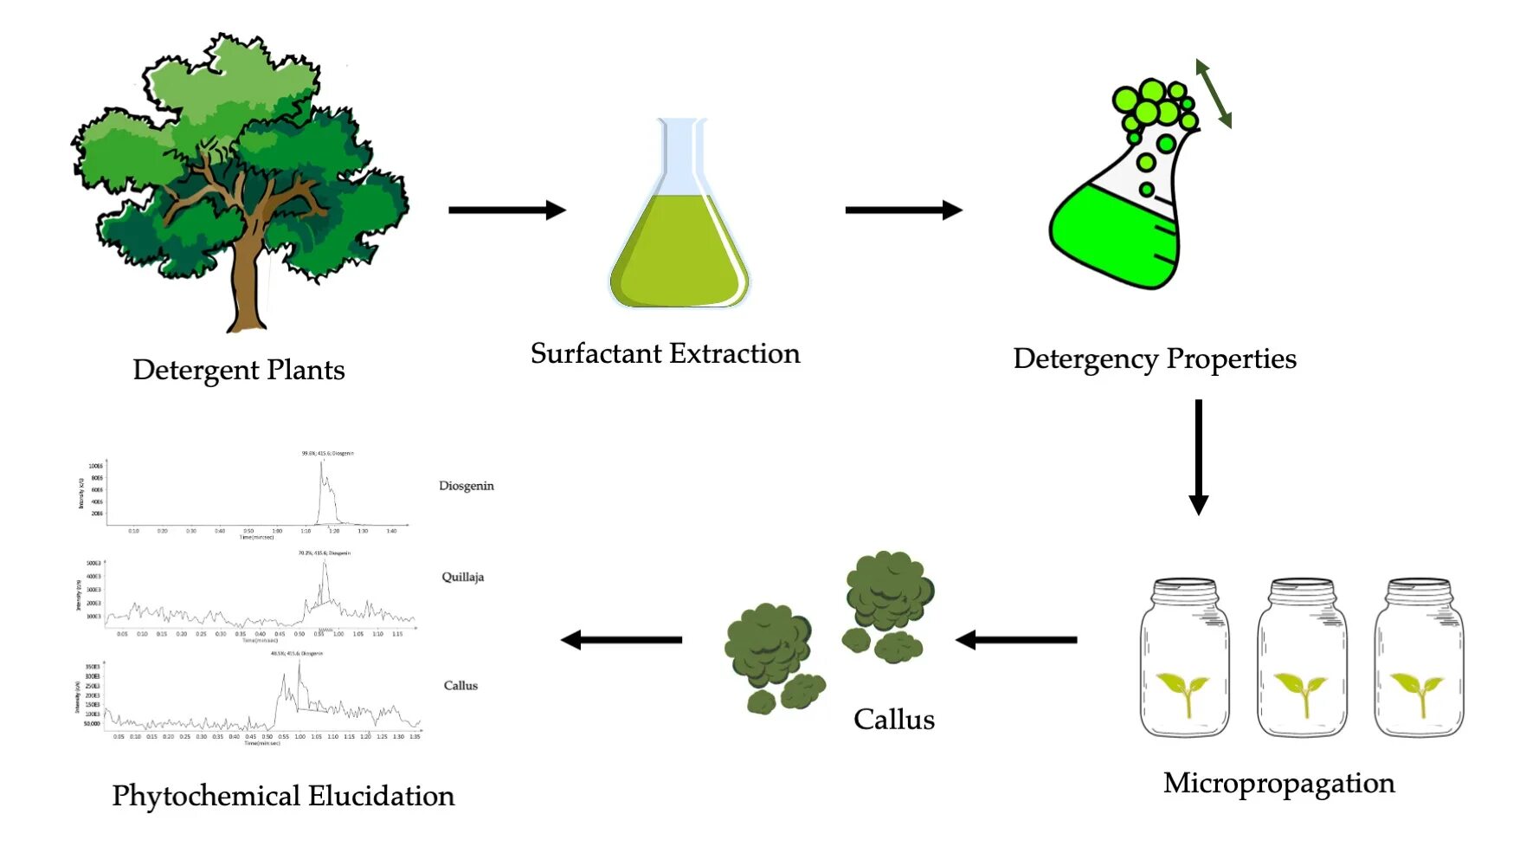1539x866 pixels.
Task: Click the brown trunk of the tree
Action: point(246,277)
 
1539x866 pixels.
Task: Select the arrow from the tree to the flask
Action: point(506,210)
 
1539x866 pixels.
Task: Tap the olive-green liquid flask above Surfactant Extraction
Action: point(680,251)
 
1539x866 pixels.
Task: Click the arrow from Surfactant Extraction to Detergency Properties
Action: point(903,210)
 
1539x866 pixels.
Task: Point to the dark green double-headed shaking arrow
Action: point(1214,94)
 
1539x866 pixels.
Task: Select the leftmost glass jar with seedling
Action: point(1184,658)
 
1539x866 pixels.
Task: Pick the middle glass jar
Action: point(1302,658)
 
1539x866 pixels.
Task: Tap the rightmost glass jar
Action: point(1419,658)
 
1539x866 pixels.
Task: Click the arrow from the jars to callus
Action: point(1016,640)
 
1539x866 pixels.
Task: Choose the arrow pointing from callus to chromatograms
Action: point(621,640)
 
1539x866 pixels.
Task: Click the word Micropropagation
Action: point(1278,783)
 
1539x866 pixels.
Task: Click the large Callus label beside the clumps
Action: point(894,720)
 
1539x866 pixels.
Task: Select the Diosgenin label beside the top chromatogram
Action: point(467,486)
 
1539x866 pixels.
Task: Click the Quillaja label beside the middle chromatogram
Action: point(462,577)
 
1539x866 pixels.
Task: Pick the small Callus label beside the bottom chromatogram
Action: point(460,685)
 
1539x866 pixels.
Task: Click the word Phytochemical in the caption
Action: point(205,796)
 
